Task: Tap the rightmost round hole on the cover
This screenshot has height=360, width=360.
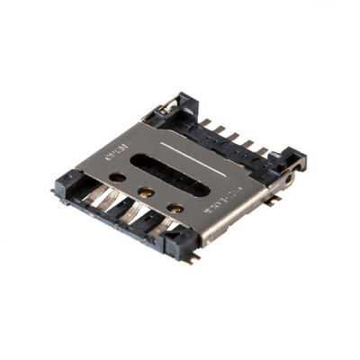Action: [177, 208]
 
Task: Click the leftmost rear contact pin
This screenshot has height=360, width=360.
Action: [208, 122]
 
